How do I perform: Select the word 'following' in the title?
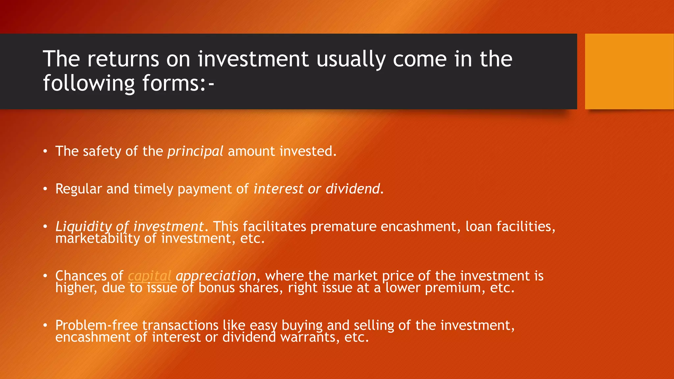pos(89,84)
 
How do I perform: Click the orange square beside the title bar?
pos(629,71)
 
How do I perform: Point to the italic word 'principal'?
pos(195,152)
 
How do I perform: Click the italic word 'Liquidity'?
pos(84,227)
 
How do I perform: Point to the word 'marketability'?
pos(97,239)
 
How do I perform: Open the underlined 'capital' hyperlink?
pos(149,276)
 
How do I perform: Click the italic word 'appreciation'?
pos(216,276)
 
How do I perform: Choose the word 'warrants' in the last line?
pos(309,337)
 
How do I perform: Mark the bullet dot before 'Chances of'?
pos(45,276)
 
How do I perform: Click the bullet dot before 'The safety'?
pos(45,151)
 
